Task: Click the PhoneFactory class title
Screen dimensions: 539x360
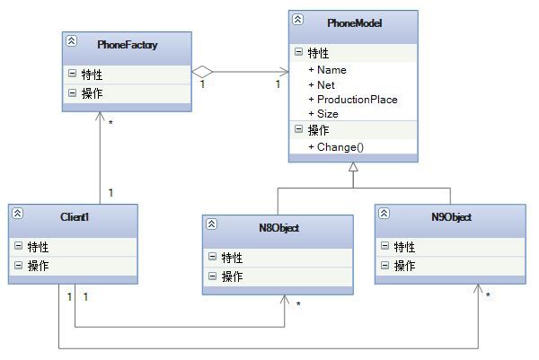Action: click(x=128, y=45)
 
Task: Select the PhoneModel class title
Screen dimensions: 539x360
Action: click(x=355, y=23)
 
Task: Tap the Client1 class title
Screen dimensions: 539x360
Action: click(x=75, y=216)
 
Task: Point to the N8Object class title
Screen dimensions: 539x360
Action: click(x=278, y=228)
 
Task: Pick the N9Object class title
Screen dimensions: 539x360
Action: click(x=451, y=217)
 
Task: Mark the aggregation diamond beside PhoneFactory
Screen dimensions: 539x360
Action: click(x=202, y=72)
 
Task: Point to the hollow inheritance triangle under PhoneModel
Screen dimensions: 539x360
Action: click(x=353, y=167)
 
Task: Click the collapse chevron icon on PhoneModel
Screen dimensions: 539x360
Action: click(x=297, y=19)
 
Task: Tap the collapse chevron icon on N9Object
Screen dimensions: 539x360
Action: click(x=384, y=214)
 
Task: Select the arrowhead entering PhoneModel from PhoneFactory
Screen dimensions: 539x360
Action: click(x=284, y=72)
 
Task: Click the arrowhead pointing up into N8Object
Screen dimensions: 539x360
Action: click(x=285, y=299)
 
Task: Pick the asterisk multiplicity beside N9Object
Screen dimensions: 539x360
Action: click(x=488, y=295)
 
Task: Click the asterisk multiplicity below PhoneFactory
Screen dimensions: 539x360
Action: click(x=110, y=123)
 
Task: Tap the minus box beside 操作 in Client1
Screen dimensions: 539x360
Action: click(x=18, y=265)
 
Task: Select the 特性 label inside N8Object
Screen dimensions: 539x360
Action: click(x=232, y=258)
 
